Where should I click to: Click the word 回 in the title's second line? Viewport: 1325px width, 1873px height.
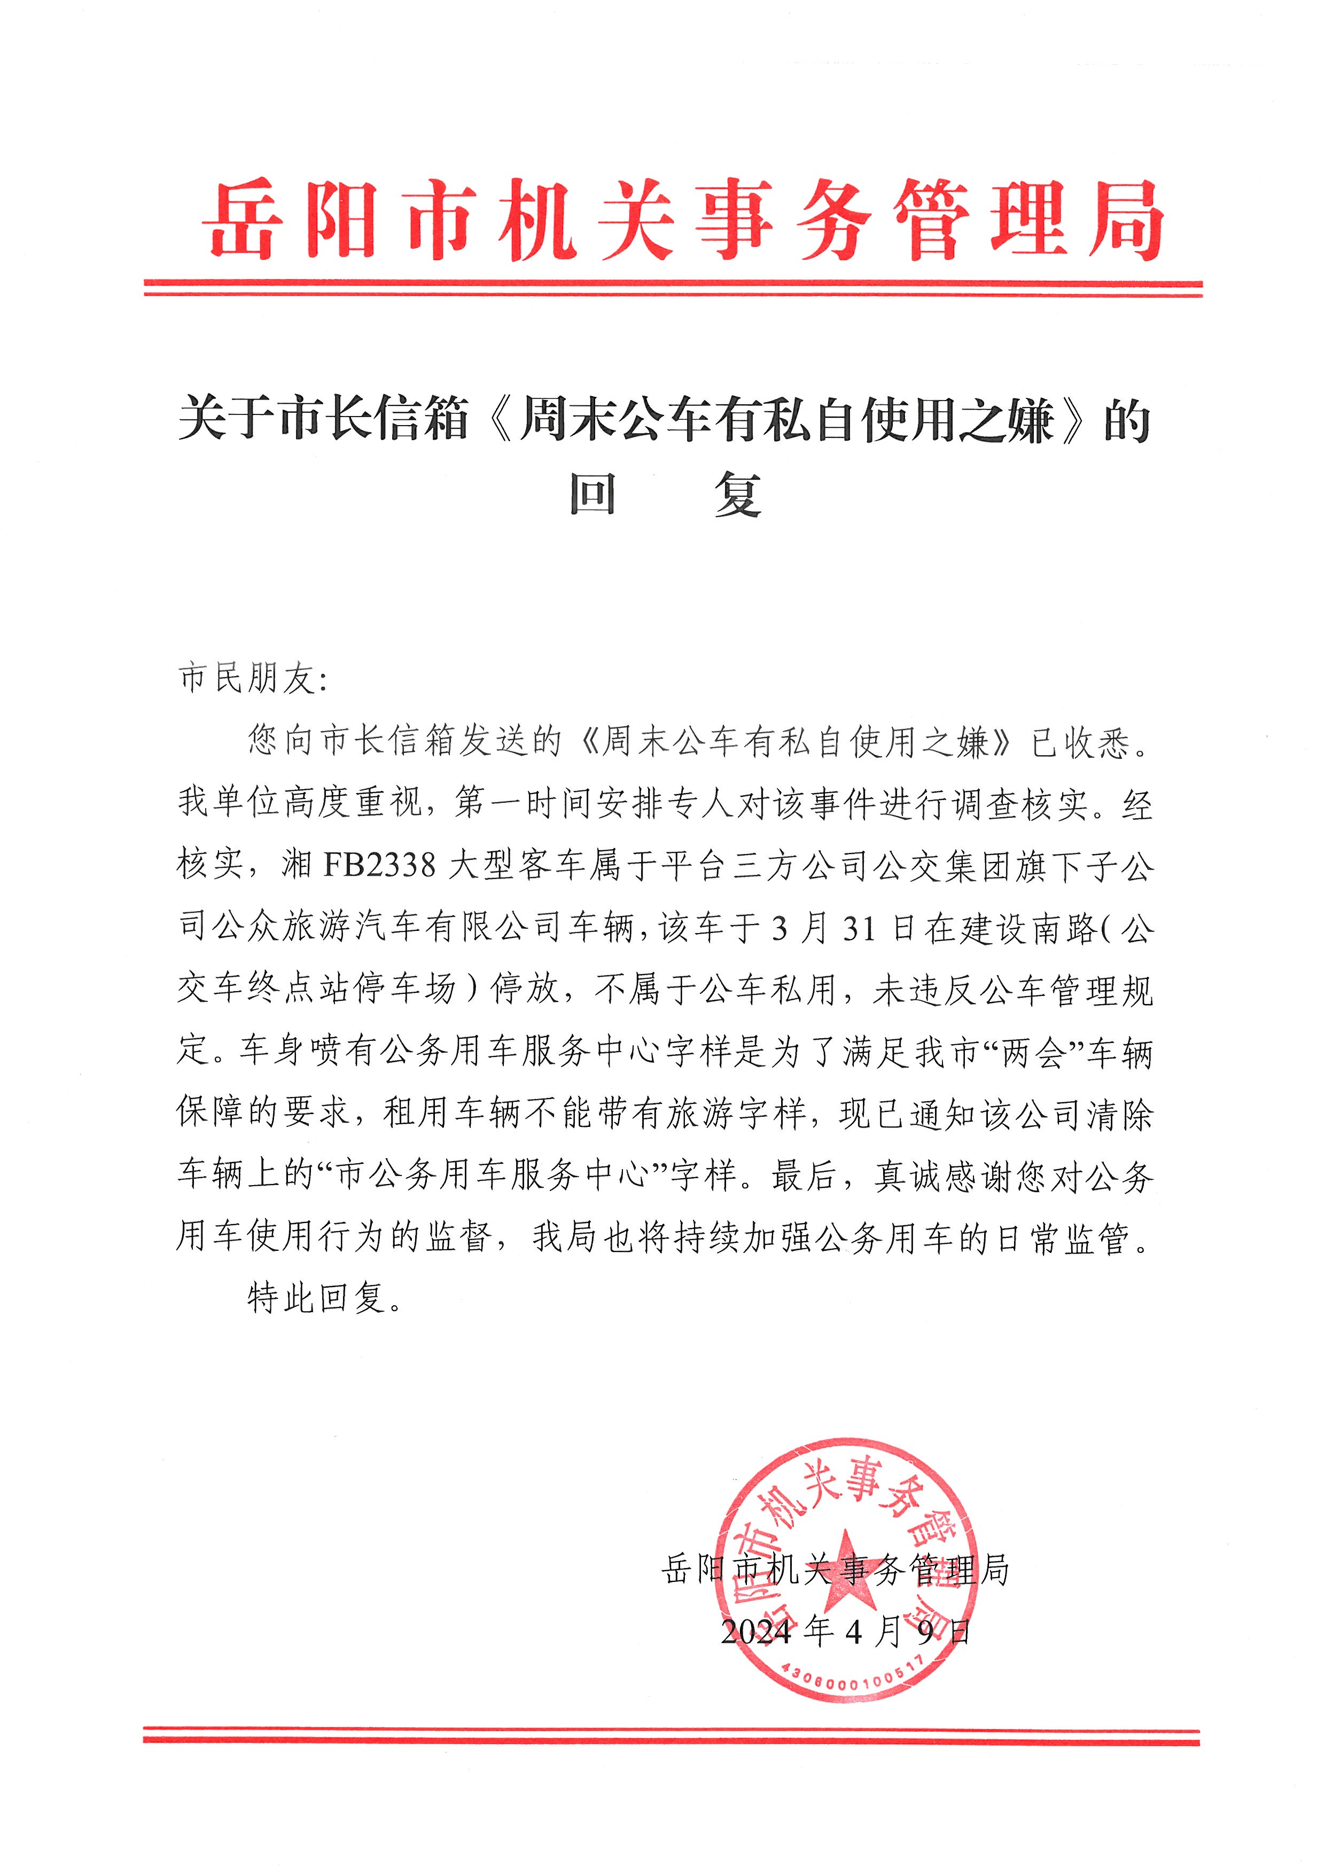[x=593, y=495]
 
